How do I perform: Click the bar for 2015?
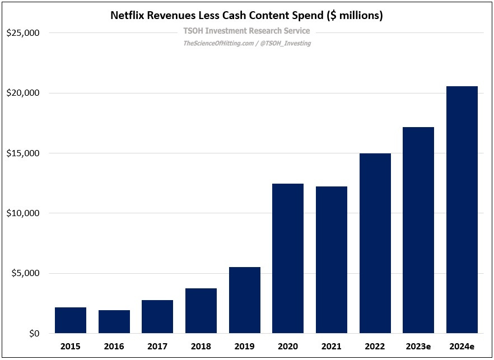(71, 320)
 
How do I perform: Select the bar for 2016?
(114, 322)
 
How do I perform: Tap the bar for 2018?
(201, 311)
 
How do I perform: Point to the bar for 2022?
(375, 244)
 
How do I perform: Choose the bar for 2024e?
(462, 210)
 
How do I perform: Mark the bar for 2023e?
(418, 230)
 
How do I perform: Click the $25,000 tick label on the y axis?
(23, 33)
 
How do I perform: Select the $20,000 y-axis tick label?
(23, 93)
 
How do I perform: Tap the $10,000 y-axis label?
(23, 213)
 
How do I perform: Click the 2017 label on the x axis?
(157, 347)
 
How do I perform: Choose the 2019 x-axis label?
(244, 347)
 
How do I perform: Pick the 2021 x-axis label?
(331, 347)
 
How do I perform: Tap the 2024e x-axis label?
(462, 347)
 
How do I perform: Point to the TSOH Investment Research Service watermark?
(246, 31)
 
